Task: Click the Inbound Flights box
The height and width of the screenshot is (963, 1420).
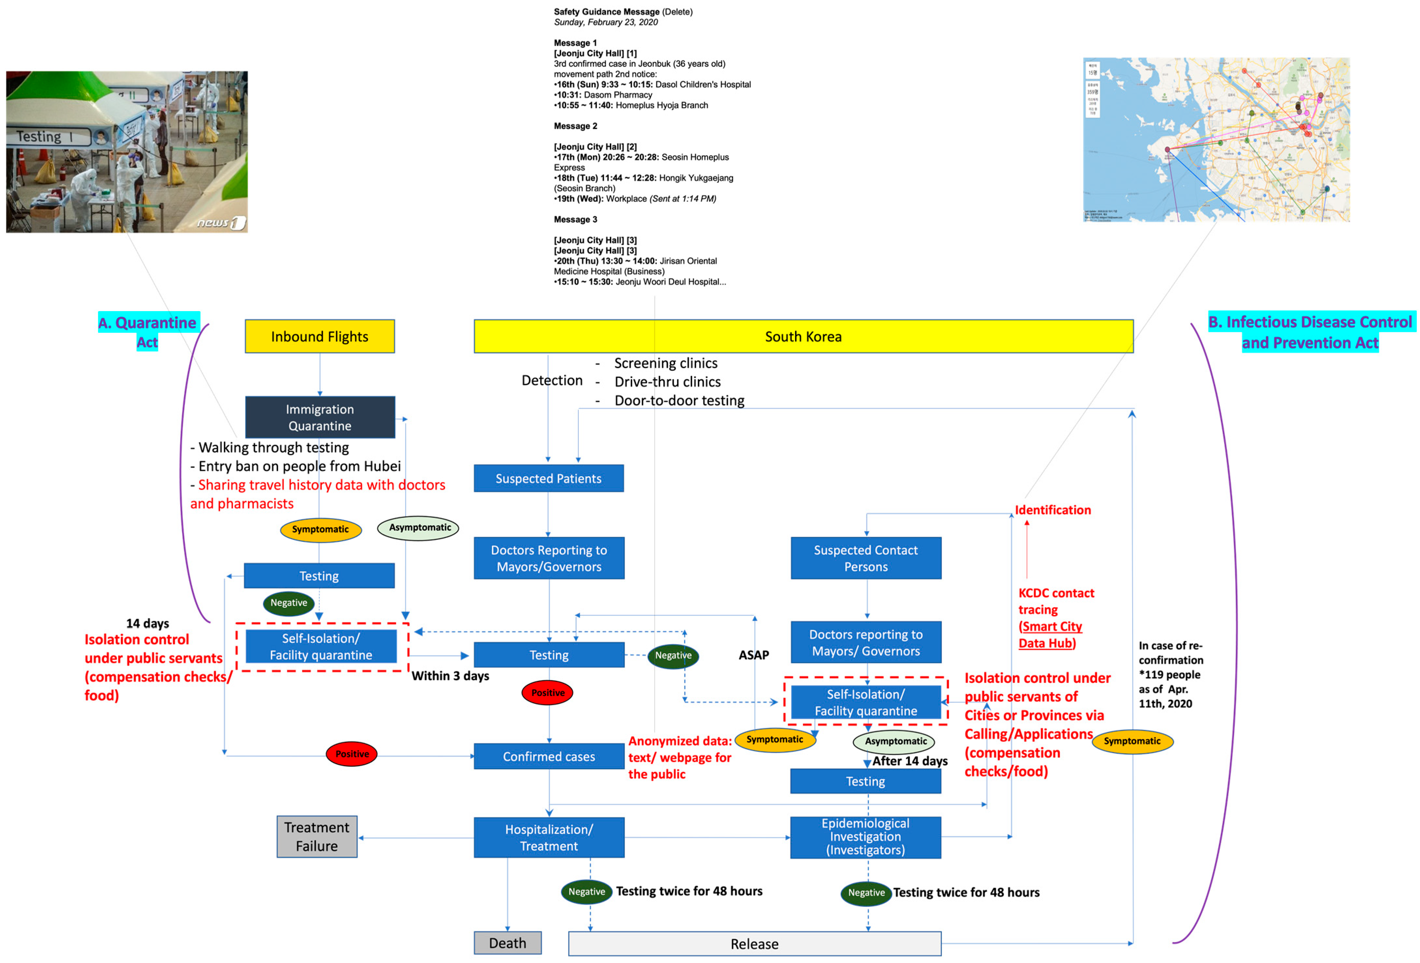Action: pyautogui.click(x=319, y=336)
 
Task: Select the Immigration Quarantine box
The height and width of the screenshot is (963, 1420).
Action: pyautogui.click(x=319, y=417)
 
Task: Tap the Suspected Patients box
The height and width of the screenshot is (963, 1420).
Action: pyautogui.click(x=548, y=478)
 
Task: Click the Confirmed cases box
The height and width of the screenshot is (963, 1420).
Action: pyautogui.click(x=548, y=756)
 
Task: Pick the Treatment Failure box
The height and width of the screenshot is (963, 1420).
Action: pyautogui.click(x=317, y=836)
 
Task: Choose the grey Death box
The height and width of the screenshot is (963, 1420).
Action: pyautogui.click(x=507, y=943)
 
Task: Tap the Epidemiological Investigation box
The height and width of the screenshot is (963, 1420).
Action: pyautogui.click(x=865, y=836)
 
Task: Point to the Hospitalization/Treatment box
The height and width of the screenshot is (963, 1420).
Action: pyautogui.click(x=548, y=837)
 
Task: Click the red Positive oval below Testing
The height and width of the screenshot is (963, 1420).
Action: pyautogui.click(x=547, y=693)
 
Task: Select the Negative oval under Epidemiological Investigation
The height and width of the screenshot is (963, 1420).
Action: pyautogui.click(x=866, y=892)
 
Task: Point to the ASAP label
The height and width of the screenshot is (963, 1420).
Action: pyautogui.click(x=753, y=655)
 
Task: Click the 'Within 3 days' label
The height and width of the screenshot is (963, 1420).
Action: pyautogui.click(x=450, y=676)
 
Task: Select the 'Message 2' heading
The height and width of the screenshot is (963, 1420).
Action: pyautogui.click(x=575, y=126)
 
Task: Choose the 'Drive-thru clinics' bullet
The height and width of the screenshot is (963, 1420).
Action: pyautogui.click(x=667, y=382)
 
